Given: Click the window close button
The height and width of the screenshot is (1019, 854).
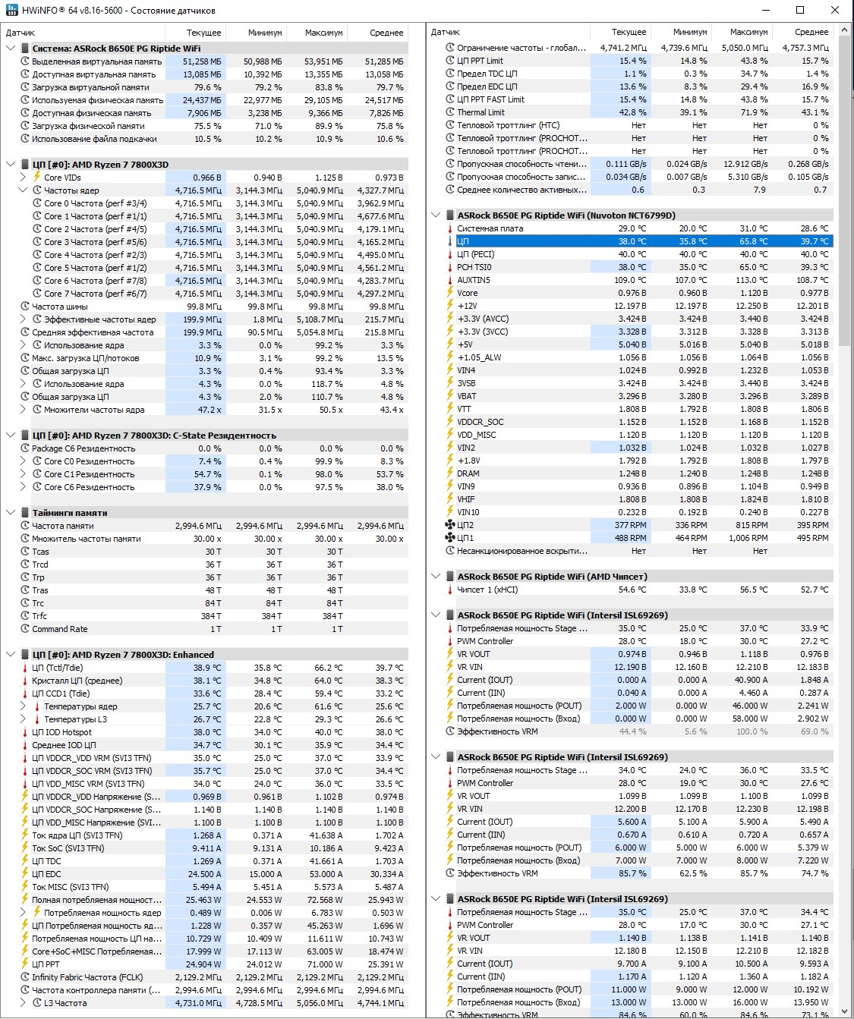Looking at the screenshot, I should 835,10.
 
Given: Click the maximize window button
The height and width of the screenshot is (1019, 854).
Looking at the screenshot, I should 800,10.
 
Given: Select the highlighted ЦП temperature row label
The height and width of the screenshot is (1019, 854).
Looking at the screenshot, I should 463,241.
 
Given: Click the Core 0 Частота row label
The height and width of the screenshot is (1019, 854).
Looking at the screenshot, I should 95,203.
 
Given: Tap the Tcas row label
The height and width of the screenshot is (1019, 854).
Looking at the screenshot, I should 40,552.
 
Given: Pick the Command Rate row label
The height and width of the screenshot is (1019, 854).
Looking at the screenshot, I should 59,629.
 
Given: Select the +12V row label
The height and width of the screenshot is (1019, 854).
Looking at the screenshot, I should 467,306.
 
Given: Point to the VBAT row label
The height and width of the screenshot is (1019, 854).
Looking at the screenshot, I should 467,396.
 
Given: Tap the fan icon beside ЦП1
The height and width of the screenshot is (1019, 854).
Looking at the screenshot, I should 449,538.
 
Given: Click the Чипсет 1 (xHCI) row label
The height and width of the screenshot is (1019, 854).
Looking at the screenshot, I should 487,590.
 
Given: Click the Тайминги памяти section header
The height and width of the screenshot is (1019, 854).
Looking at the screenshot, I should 69,513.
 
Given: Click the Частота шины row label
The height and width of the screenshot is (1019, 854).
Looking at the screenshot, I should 60,307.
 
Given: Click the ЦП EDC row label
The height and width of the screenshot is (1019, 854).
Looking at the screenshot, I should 46,874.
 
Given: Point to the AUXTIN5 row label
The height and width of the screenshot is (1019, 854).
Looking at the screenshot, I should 474,280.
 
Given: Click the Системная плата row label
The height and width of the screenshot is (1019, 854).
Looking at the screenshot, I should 490,228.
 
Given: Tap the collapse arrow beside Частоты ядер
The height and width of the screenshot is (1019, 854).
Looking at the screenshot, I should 23,190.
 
